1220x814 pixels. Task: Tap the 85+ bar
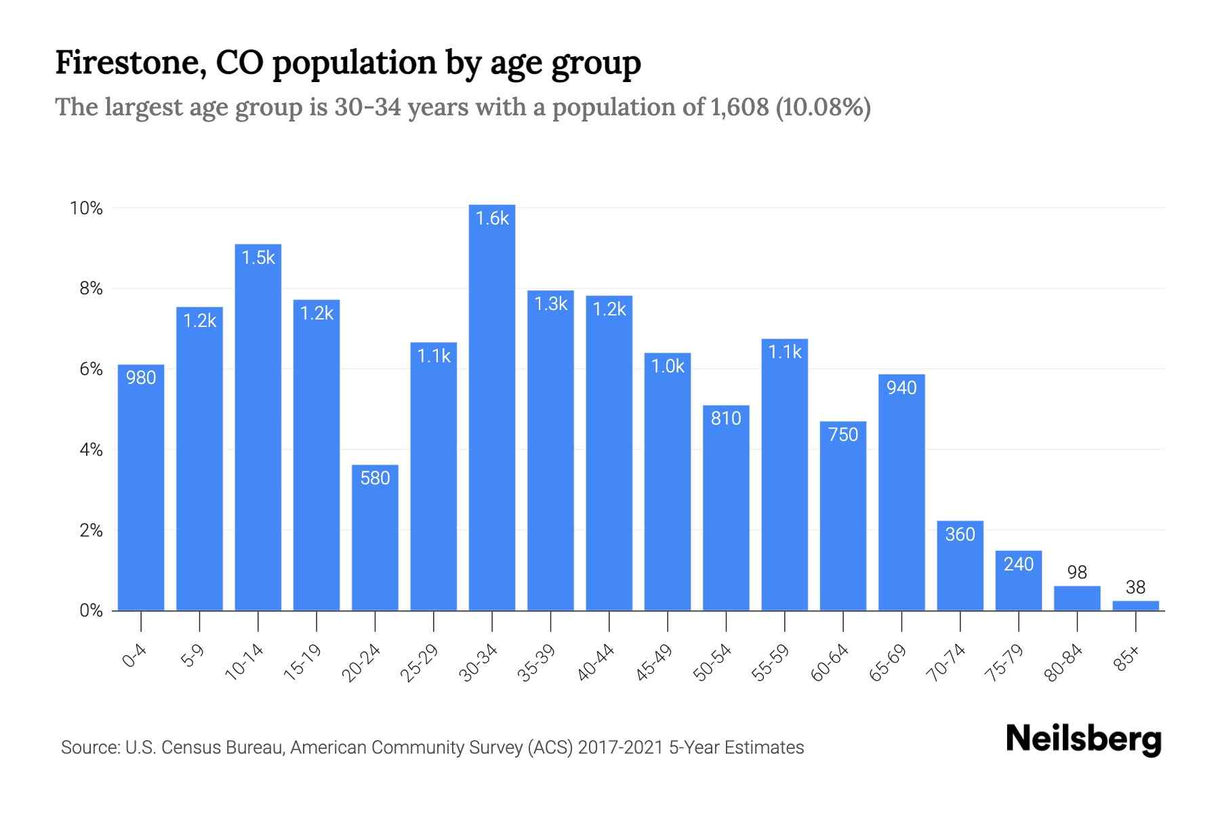tap(1135, 606)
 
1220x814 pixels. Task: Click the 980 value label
tap(141, 377)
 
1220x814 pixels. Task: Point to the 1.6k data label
tap(492, 218)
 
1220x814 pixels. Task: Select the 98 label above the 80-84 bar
tap(1077, 573)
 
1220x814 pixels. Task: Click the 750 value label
tap(843, 434)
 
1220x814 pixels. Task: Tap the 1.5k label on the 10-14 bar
tap(258, 258)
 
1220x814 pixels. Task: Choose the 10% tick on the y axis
tap(86, 208)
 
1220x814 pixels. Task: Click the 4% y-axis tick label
tap(91, 450)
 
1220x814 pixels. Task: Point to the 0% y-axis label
tap(91, 610)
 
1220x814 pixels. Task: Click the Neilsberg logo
tap(1083, 739)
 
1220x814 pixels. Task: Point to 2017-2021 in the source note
tap(620, 748)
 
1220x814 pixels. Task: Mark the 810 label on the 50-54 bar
tap(726, 418)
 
